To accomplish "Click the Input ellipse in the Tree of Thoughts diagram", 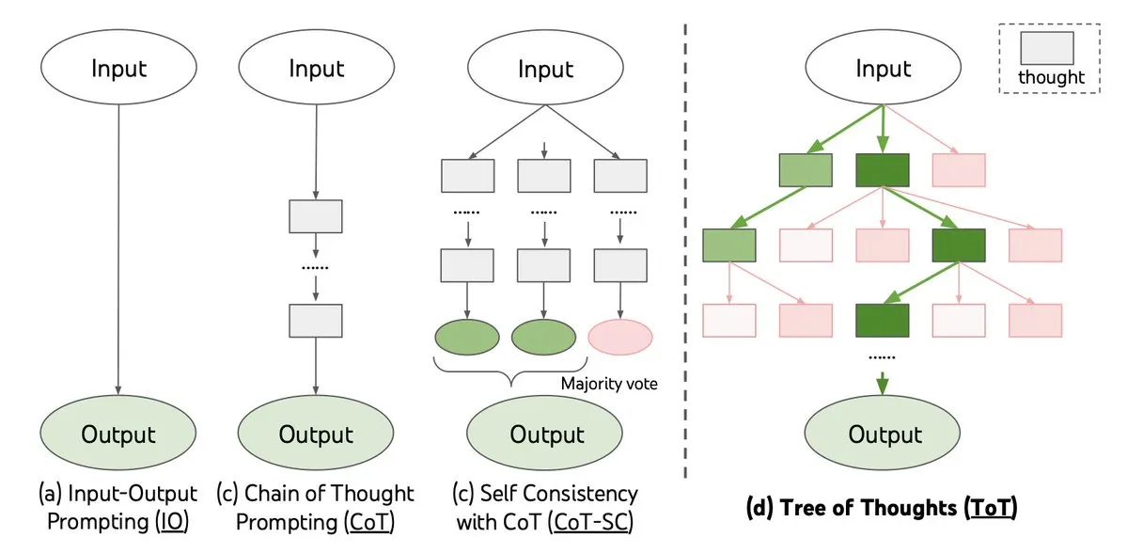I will click(883, 69).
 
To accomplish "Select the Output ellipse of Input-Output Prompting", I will click(117, 434).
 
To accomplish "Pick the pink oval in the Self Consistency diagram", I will click(620, 336).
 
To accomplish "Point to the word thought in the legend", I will click(1051, 78).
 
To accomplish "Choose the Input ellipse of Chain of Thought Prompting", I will click(317, 69).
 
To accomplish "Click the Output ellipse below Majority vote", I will click(546, 434).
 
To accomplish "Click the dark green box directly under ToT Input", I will click(882, 170).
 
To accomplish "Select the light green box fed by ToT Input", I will click(806, 170).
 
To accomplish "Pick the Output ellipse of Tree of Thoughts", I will click(883, 434).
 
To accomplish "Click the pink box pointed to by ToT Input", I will click(958, 170).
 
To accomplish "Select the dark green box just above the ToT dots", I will click(882, 320).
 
